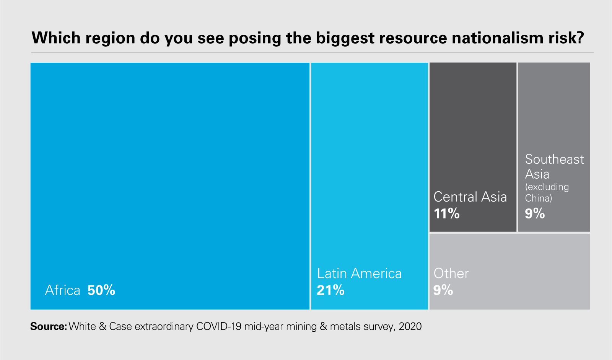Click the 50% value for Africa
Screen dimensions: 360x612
point(101,290)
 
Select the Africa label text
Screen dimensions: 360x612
point(62,290)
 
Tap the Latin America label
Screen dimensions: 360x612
point(359,274)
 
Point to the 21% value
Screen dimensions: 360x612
point(330,290)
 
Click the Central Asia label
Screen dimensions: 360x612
point(470,197)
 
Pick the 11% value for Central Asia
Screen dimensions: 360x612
point(446,213)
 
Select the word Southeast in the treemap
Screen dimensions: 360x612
point(554,159)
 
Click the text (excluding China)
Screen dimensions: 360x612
point(547,192)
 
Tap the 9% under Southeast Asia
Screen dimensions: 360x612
point(535,213)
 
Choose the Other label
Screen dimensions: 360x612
point(451,274)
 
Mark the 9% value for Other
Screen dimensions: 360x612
point(443,290)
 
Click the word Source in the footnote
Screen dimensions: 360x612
point(48,326)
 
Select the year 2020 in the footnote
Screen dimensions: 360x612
point(410,326)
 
